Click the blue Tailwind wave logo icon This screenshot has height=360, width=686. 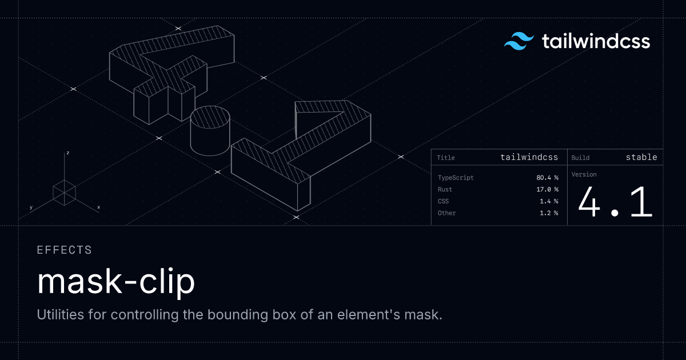click(519, 41)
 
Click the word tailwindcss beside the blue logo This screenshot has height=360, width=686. click(596, 41)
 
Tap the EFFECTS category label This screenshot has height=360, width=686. click(64, 250)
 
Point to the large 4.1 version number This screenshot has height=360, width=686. click(615, 202)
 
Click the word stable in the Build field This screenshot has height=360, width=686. click(641, 157)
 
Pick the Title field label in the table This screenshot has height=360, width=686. click(445, 158)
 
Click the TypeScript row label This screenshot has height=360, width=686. click(456, 178)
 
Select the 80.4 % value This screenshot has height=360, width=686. click(547, 178)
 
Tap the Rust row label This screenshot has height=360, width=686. click(445, 190)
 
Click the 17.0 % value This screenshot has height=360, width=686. click(547, 190)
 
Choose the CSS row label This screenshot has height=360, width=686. click(443, 201)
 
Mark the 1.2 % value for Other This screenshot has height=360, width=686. click(549, 213)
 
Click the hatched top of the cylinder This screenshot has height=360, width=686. click(210, 117)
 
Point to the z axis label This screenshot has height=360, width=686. click(67, 153)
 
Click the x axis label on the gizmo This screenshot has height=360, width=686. click(98, 207)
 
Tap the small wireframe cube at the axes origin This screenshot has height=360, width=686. click(64, 193)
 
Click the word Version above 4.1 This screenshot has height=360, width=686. click(584, 174)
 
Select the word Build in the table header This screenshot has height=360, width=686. click(580, 158)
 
